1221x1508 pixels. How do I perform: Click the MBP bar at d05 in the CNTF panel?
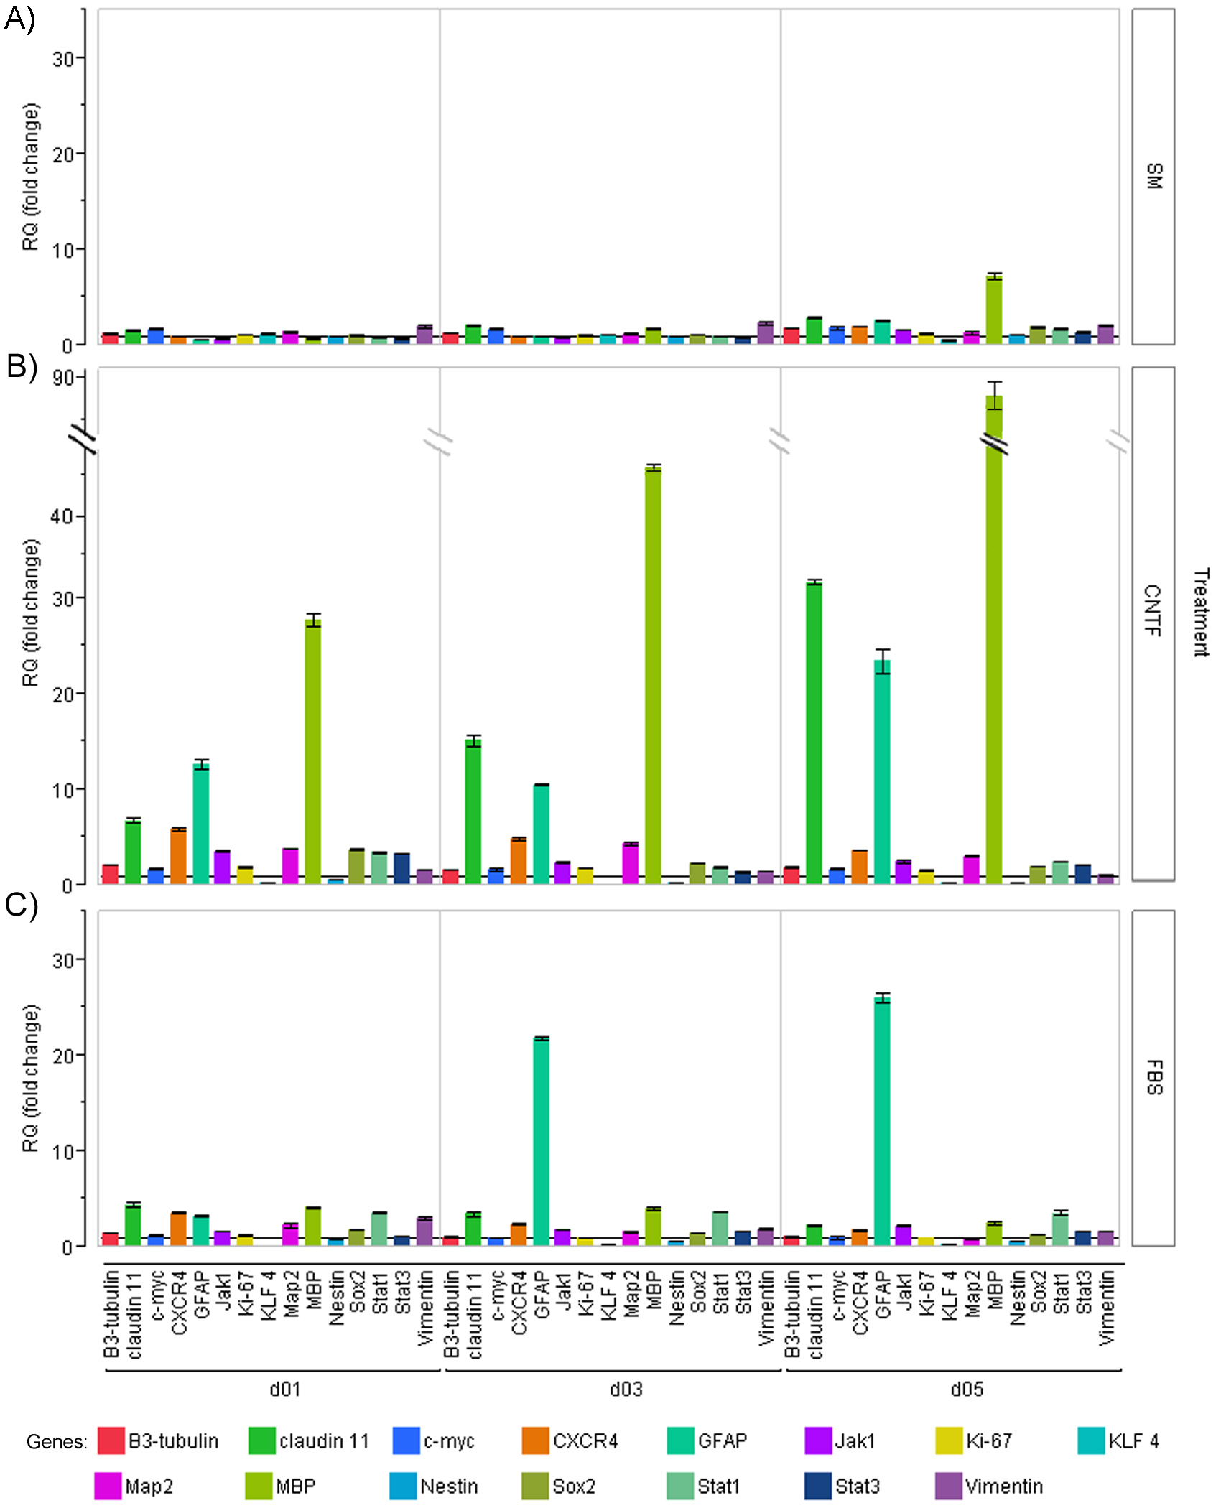tap(994, 646)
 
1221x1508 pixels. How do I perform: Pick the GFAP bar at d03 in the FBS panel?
tap(541, 1142)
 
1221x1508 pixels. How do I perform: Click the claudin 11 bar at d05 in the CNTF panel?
tap(814, 732)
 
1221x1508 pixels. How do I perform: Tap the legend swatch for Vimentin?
tap(949, 1486)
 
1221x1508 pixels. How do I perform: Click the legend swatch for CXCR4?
tap(536, 1440)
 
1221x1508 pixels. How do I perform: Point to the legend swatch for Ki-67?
tap(949, 1440)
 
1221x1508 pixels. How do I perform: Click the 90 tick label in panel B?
tap(63, 378)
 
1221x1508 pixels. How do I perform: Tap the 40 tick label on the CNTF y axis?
tap(63, 516)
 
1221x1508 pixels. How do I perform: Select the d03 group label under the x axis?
tap(626, 1389)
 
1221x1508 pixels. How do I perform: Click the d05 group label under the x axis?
tap(967, 1389)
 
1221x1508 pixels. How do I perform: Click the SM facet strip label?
tap(1153, 176)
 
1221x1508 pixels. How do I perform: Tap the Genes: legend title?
tap(57, 1442)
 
